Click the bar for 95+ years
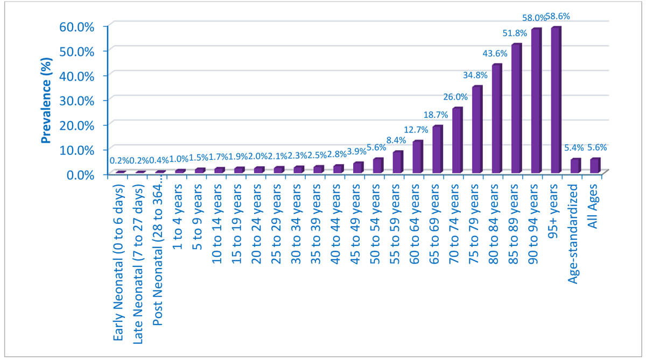click(x=556, y=100)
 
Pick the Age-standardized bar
click(x=575, y=166)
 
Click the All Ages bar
click(x=595, y=166)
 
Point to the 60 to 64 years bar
click(x=417, y=157)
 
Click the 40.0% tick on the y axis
click(x=79, y=75)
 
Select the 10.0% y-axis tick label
click(x=79, y=150)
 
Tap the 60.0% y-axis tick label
click(x=79, y=26)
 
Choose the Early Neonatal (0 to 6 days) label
click(x=120, y=263)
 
